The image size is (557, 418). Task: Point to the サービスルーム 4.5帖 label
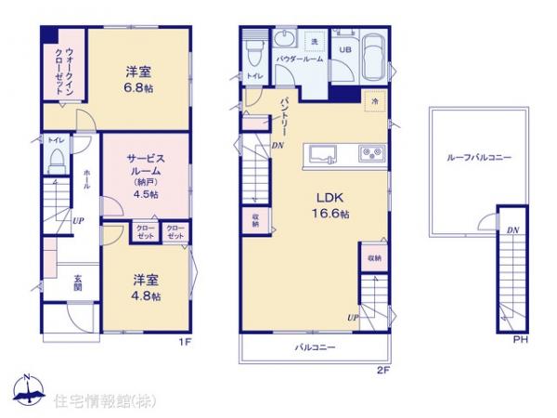click(144, 176)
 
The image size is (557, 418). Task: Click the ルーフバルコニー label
click(477, 159)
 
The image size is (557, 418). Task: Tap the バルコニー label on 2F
click(316, 347)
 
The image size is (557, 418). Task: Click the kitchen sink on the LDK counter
click(327, 153)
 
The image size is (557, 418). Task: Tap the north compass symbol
click(28, 391)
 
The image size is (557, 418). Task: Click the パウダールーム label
click(299, 59)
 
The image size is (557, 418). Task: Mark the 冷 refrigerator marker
click(376, 100)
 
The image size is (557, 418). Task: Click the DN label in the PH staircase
click(512, 229)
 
